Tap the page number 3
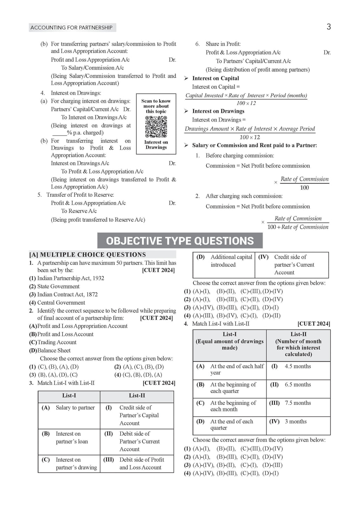pyautogui.click(x=329, y=27)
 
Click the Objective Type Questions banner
pyautogui.click(x=180, y=241)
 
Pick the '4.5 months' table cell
pyautogui.click(x=298, y=366)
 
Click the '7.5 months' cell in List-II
pyautogui.click(x=298, y=403)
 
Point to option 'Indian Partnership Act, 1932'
pyautogui.click(x=71, y=278)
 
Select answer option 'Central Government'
pyautogui.click(x=61, y=303)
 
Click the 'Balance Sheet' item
pyautogui.click(x=54, y=350)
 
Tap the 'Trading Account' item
pyautogui.click(x=57, y=342)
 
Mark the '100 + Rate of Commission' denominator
pyautogui.click(x=298, y=227)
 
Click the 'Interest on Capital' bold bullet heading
pyautogui.click(x=216, y=78)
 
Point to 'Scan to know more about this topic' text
pyautogui.click(x=156, y=106)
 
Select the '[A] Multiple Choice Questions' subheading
pyautogui.click(x=88, y=255)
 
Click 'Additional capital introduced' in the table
pyautogui.click(x=231, y=261)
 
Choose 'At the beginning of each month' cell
pyautogui.click(x=233, y=406)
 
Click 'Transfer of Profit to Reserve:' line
pyautogui.click(x=80, y=195)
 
